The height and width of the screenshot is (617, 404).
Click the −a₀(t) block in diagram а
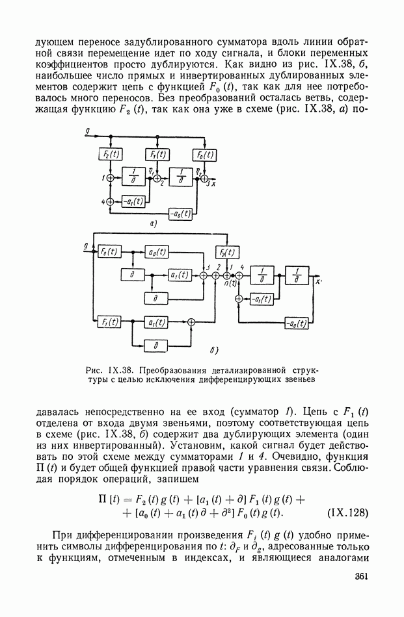point(180,212)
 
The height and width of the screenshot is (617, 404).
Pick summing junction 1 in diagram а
point(109,177)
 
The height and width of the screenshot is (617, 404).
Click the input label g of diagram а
point(87,132)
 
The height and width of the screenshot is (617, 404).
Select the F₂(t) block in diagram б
point(226,253)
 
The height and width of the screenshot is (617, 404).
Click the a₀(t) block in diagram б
point(155,251)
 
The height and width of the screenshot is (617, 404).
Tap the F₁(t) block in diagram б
point(108,321)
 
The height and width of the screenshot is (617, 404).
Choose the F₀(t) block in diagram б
point(108,251)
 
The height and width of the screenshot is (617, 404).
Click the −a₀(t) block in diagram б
point(297,323)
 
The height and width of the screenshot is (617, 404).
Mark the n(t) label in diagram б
point(228,283)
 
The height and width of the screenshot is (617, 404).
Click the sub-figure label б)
point(214,351)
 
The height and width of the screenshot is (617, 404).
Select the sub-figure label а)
point(154,224)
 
